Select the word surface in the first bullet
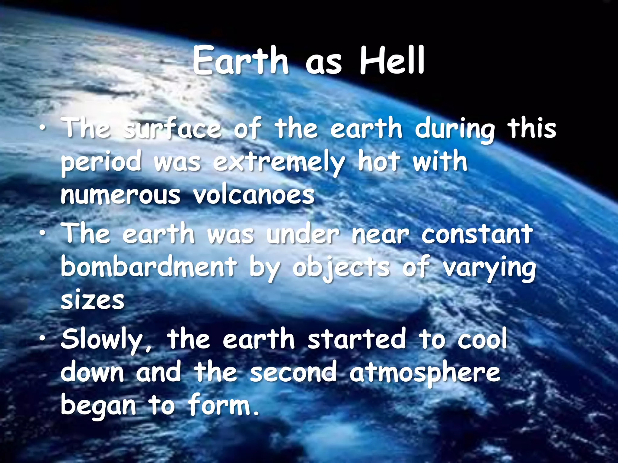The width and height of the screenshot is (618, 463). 173,129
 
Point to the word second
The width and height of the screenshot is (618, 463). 293,372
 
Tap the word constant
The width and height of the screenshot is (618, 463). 477,234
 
